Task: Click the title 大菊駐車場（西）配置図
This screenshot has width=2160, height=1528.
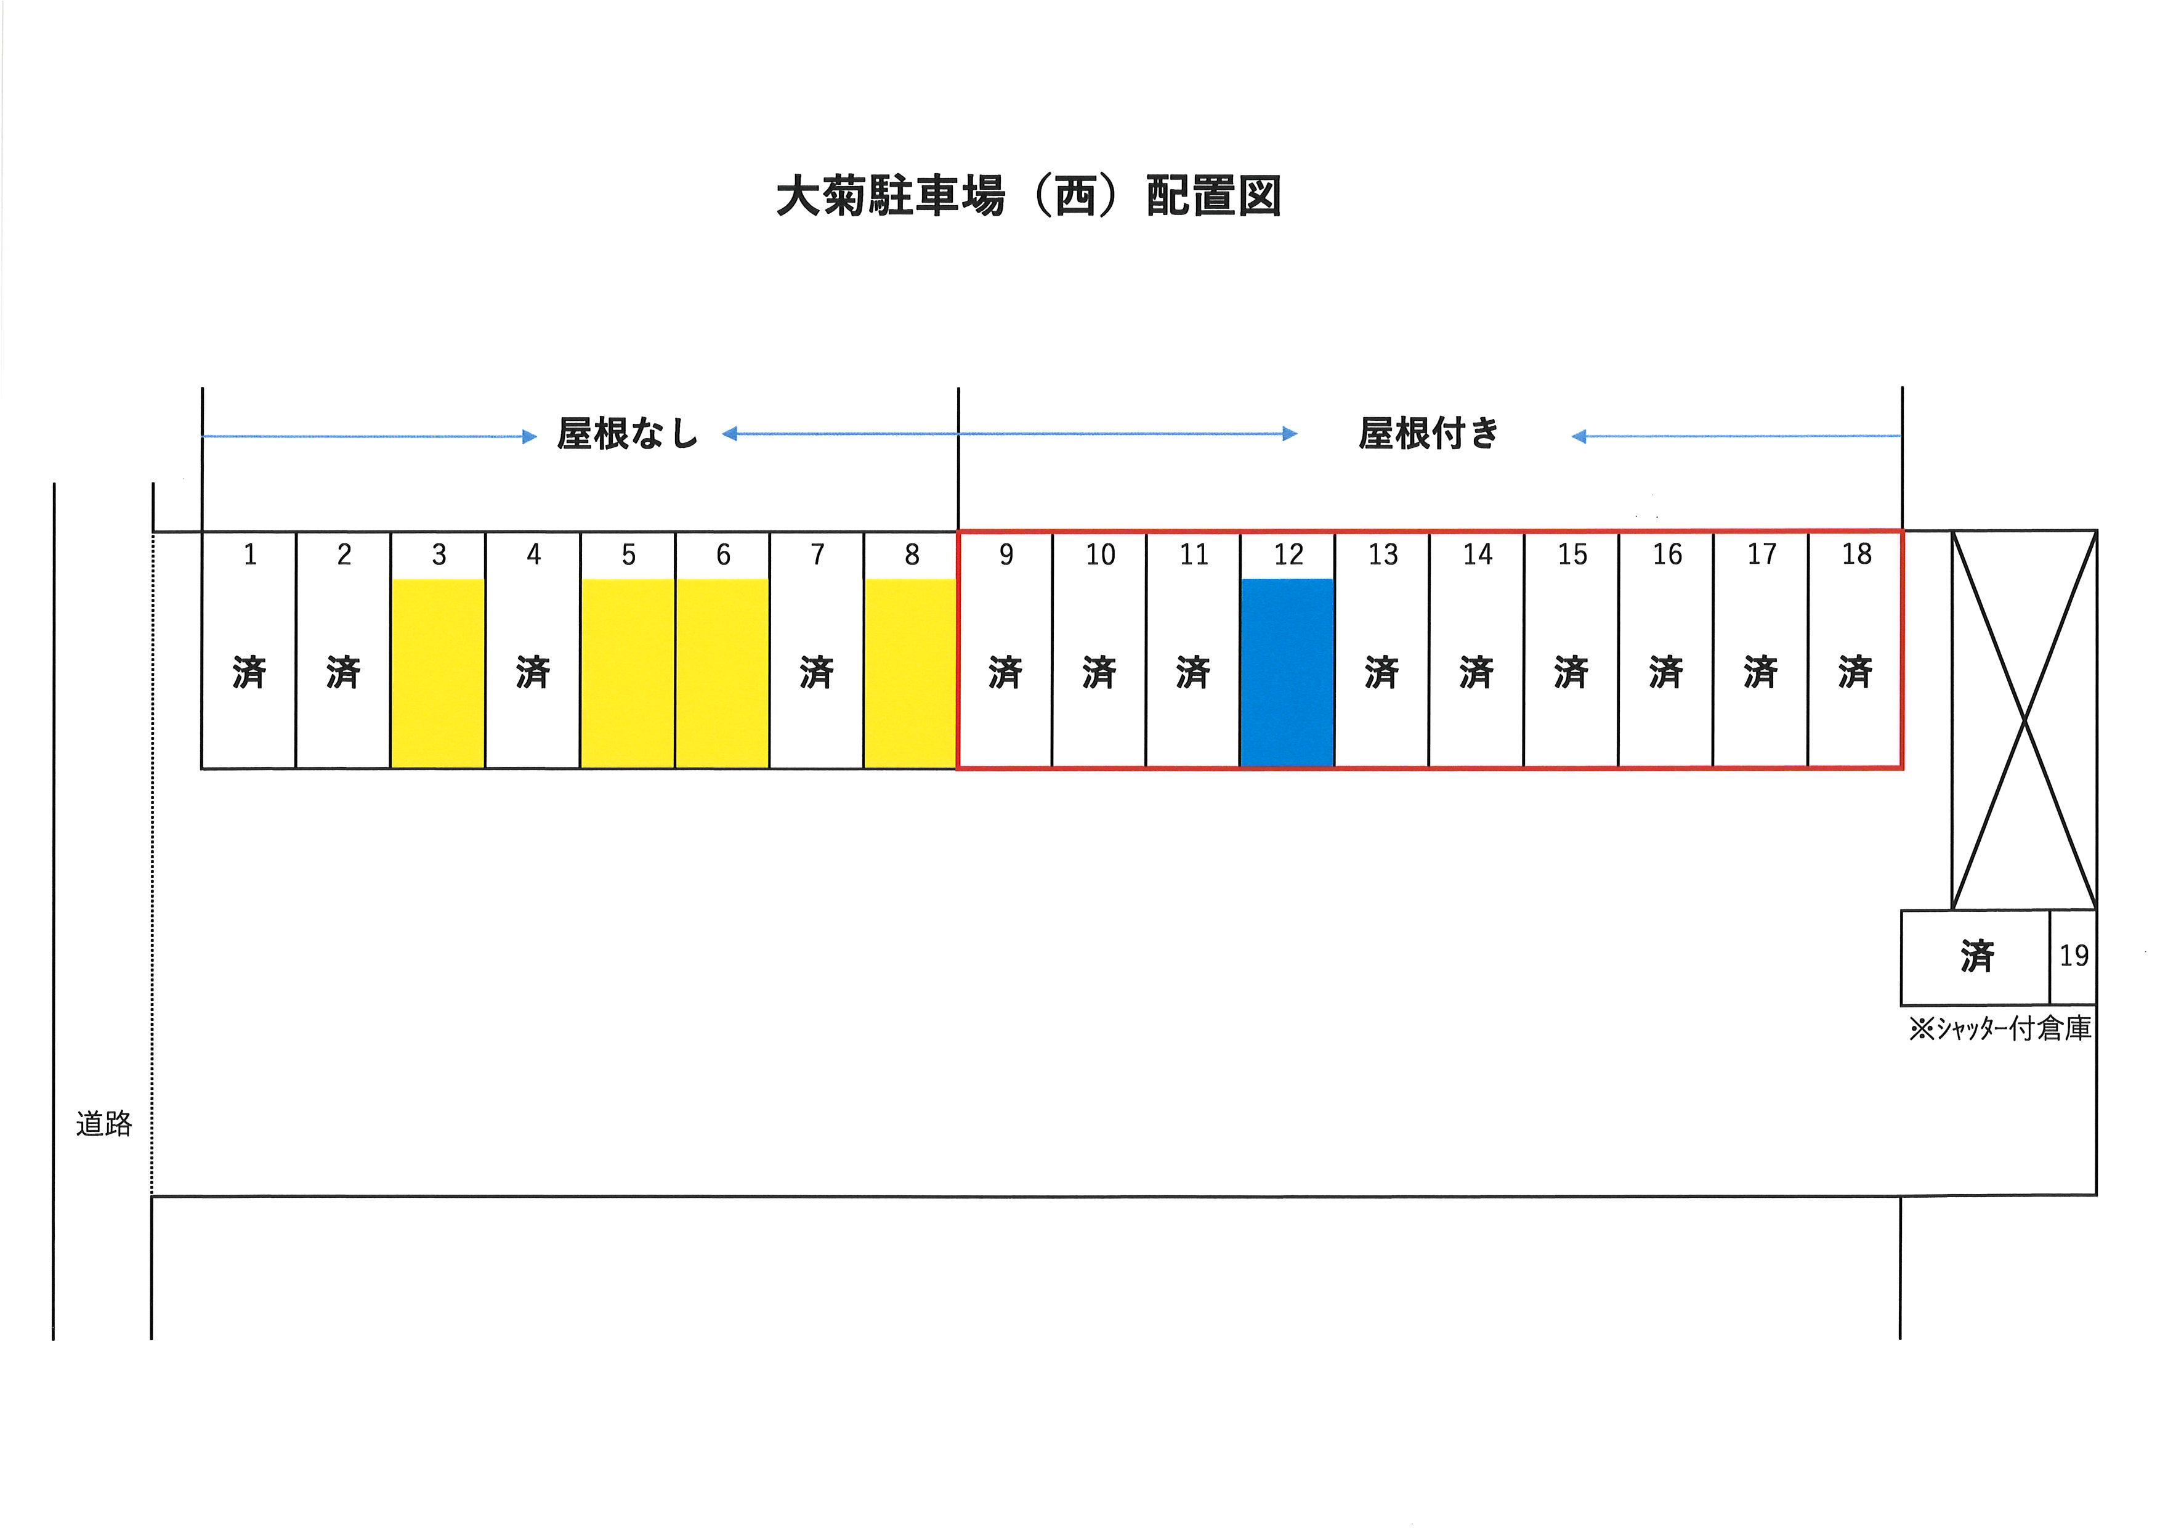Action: coord(1028,197)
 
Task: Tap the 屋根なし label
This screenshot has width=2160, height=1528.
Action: coord(628,434)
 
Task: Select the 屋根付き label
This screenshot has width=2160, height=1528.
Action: coord(1428,434)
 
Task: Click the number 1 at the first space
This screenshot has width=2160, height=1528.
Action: coord(250,555)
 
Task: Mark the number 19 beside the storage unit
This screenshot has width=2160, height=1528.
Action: coord(2073,956)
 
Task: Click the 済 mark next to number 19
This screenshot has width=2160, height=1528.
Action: coord(1978,957)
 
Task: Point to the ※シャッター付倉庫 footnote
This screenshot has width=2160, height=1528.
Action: coord(2000,1028)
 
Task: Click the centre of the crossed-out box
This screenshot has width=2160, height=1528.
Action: coord(2024,721)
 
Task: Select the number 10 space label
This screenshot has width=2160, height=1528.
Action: coord(1100,555)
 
